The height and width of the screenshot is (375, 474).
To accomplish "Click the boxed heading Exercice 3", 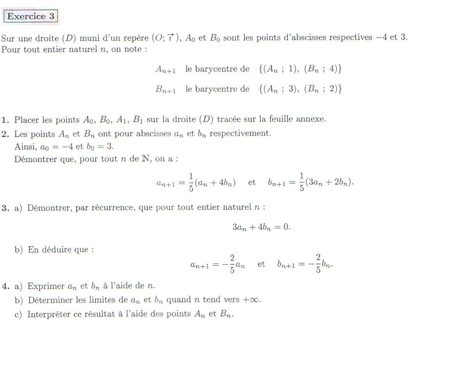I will point(31,17).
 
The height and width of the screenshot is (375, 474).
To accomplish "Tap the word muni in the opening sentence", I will point(89,38).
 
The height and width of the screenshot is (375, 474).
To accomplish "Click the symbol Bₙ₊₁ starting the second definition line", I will point(166,89).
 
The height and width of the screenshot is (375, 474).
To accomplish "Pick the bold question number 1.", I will point(4,119).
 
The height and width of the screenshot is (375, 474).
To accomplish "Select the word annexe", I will point(312,119).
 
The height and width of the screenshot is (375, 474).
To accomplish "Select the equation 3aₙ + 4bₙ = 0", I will point(261,227).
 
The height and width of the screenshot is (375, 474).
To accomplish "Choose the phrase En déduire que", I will point(60,249).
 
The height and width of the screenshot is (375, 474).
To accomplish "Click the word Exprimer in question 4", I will point(46,286).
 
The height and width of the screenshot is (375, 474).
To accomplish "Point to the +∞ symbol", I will point(252,300).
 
